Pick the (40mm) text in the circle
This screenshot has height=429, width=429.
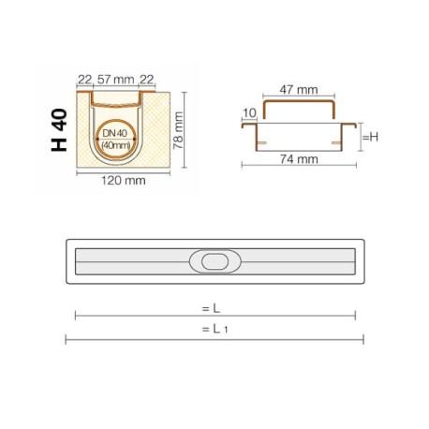[x=116, y=146]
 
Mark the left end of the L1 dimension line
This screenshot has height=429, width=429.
[x=66, y=339]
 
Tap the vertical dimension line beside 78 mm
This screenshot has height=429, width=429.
[x=185, y=130]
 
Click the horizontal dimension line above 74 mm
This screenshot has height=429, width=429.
[x=300, y=167]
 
